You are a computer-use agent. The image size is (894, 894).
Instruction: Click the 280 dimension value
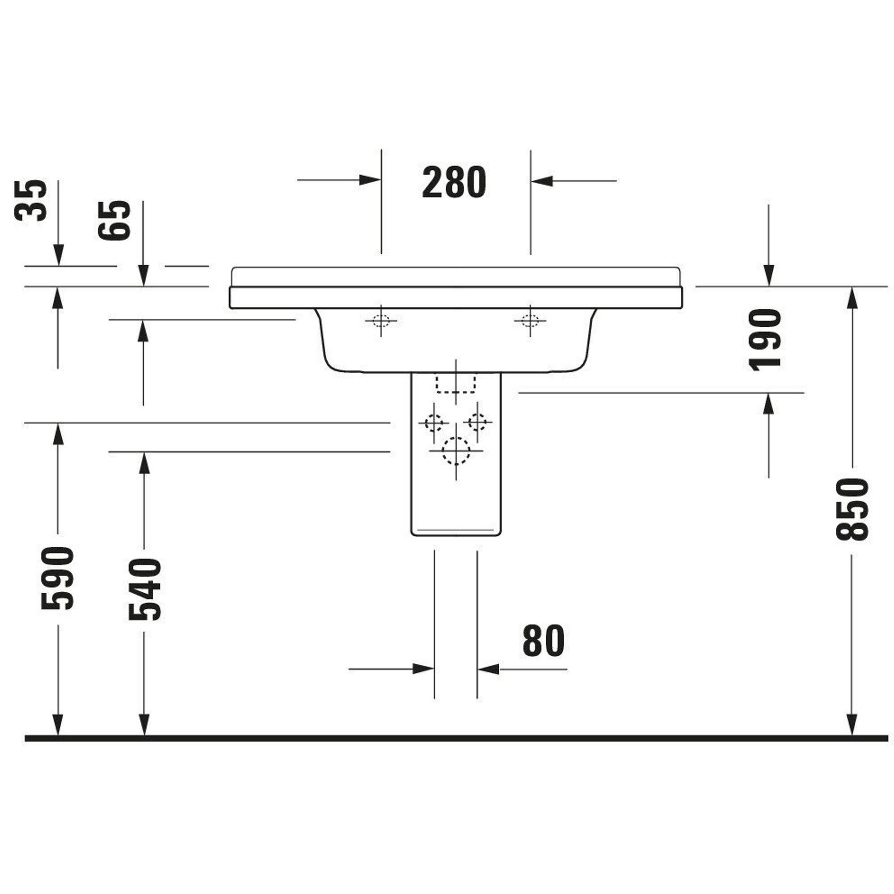click(454, 182)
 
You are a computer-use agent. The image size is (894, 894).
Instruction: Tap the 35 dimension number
click(30, 200)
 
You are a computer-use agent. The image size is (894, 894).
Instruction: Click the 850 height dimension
click(852, 510)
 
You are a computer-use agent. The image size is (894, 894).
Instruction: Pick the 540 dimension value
click(144, 589)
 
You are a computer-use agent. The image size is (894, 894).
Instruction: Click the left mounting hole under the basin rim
click(381, 320)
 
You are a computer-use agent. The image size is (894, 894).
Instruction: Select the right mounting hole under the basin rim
click(530, 320)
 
